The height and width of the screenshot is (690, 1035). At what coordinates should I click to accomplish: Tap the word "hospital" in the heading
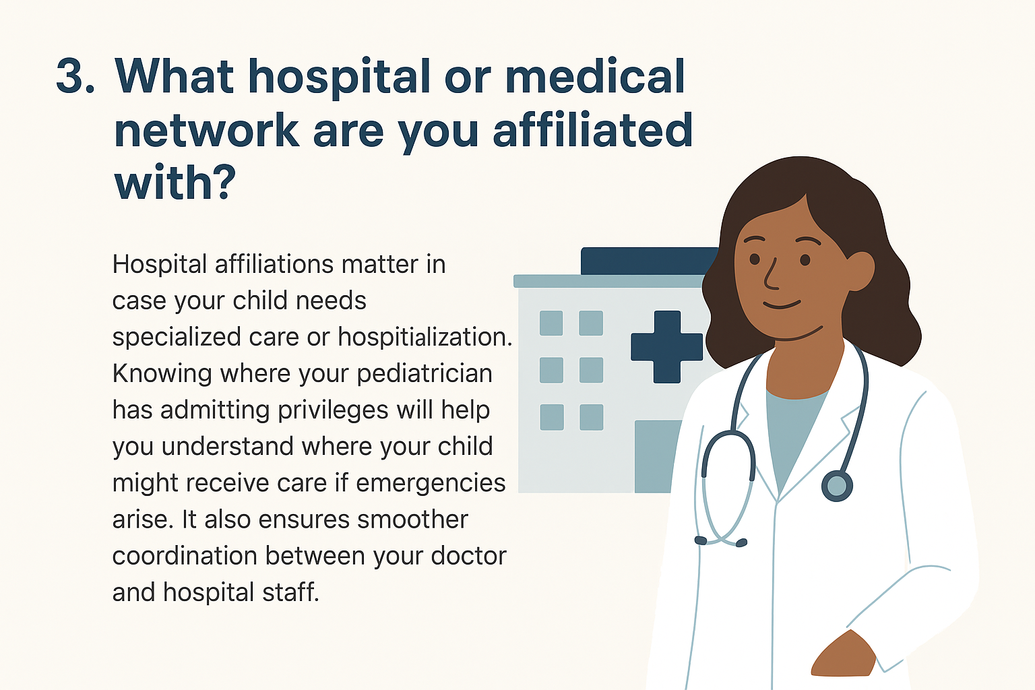click(339, 78)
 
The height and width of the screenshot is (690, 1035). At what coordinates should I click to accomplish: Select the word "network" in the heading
click(207, 130)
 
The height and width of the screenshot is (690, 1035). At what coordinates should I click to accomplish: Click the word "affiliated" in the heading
click(593, 129)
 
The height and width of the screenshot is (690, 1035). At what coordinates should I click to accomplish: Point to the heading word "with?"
click(175, 182)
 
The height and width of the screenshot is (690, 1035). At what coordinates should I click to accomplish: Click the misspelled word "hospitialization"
click(425, 338)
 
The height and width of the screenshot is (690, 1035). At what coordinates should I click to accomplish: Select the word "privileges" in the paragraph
click(333, 410)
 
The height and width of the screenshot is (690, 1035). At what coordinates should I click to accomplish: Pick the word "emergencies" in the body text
click(431, 484)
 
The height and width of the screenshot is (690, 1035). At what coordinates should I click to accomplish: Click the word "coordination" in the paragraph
click(185, 555)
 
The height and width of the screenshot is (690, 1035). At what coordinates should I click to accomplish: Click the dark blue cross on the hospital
click(666, 346)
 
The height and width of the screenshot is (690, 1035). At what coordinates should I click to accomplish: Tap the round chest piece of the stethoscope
click(837, 486)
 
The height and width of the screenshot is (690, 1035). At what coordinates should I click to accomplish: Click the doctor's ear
click(860, 271)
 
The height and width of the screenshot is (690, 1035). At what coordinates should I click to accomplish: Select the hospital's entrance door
click(656, 457)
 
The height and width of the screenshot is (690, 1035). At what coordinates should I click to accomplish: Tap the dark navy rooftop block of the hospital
click(649, 261)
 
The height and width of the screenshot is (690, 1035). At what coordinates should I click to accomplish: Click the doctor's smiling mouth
click(782, 305)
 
